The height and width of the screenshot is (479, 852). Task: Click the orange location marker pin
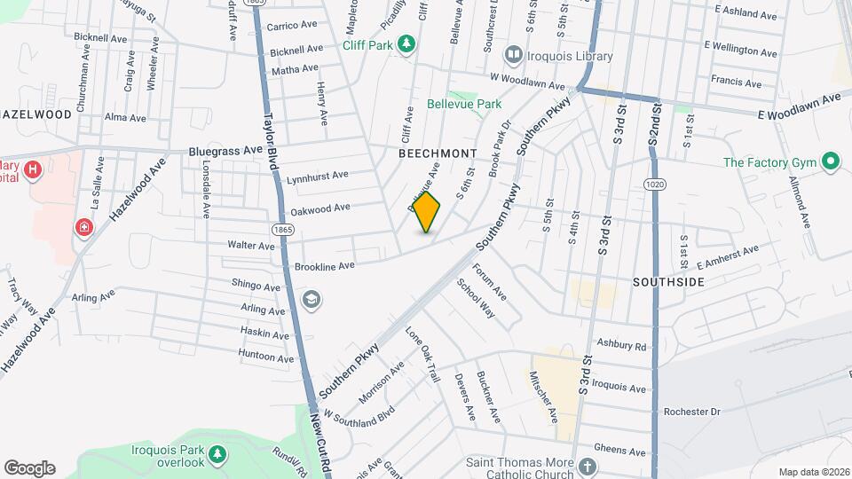point(427,213)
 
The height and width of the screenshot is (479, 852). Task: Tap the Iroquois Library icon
point(512,56)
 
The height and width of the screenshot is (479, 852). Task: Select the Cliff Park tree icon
point(406,43)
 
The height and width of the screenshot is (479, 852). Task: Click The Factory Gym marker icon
point(831,161)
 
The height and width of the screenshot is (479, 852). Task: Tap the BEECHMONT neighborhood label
point(438,153)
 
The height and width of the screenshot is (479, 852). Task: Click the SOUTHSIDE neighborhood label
point(668,282)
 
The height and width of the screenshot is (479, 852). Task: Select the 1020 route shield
point(654,183)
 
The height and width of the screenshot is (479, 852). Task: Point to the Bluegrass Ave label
point(225,152)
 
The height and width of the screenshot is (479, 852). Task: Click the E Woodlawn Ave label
point(798,105)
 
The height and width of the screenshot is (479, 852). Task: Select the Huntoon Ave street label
point(266,357)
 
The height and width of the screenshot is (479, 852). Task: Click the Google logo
point(29,467)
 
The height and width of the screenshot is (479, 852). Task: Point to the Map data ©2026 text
point(813,471)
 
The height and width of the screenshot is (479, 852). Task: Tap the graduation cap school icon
point(312,299)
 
